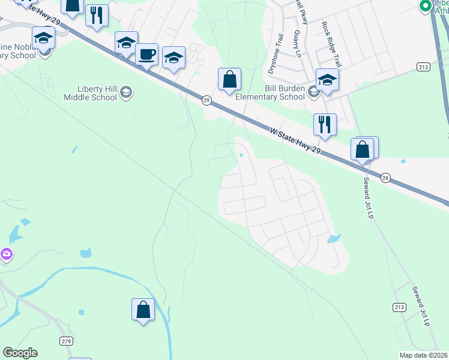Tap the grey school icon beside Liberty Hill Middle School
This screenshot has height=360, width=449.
[x=126, y=92]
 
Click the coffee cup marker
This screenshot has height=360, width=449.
[x=146, y=55]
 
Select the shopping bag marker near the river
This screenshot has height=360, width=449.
[x=143, y=310]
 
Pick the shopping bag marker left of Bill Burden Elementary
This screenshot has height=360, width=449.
[x=229, y=79]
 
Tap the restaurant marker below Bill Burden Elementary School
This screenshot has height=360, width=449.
[x=325, y=124]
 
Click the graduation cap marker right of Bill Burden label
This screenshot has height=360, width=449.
[x=327, y=80]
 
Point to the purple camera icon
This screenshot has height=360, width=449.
[x=7, y=254]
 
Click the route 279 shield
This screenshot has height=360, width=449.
[x=67, y=341]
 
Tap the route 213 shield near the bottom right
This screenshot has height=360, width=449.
[x=400, y=307]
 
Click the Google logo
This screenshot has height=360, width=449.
[x=20, y=353]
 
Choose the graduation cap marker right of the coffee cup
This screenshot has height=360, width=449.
[x=173, y=58]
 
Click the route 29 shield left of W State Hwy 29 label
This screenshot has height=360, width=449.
[x=206, y=100]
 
